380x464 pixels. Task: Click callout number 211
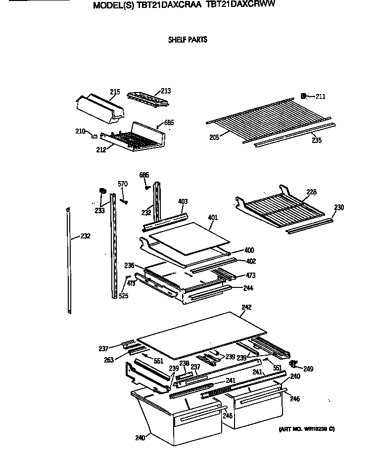click(320, 96)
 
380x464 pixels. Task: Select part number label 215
click(115, 92)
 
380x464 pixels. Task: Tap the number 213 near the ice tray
click(165, 91)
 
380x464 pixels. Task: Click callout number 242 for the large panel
click(246, 307)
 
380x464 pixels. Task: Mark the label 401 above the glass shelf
click(213, 217)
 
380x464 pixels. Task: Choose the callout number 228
click(311, 192)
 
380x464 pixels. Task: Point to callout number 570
click(123, 184)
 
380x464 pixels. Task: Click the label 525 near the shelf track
click(123, 296)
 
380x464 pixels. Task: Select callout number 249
click(308, 369)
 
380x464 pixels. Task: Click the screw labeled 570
click(124, 201)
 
